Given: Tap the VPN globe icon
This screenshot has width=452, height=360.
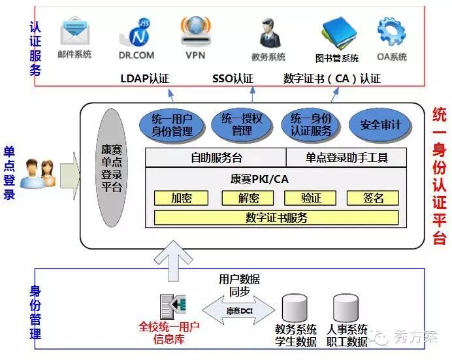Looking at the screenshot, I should pyautogui.click(x=195, y=30).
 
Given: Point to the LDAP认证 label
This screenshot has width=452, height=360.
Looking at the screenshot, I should pyautogui.click(x=144, y=78).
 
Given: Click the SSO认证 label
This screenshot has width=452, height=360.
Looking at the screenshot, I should pyautogui.click(x=233, y=78).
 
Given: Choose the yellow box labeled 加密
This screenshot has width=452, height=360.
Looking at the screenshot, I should pyautogui.click(x=180, y=198).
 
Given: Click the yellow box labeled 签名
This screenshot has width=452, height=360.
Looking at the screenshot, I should pyautogui.click(x=372, y=198).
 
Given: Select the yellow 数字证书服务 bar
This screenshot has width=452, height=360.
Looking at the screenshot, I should pyautogui.click(x=276, y=218).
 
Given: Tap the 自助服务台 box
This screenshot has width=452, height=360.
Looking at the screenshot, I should pyautogui.click(x=216, y=157).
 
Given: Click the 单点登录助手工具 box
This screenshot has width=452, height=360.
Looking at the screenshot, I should pyautogui.click(x=346, y=157).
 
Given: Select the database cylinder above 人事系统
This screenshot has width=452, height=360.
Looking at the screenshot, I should pyautogui.click(x=346, y=308).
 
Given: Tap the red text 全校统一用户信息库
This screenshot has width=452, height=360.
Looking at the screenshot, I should pyautogui.click(x=169, y=332).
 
